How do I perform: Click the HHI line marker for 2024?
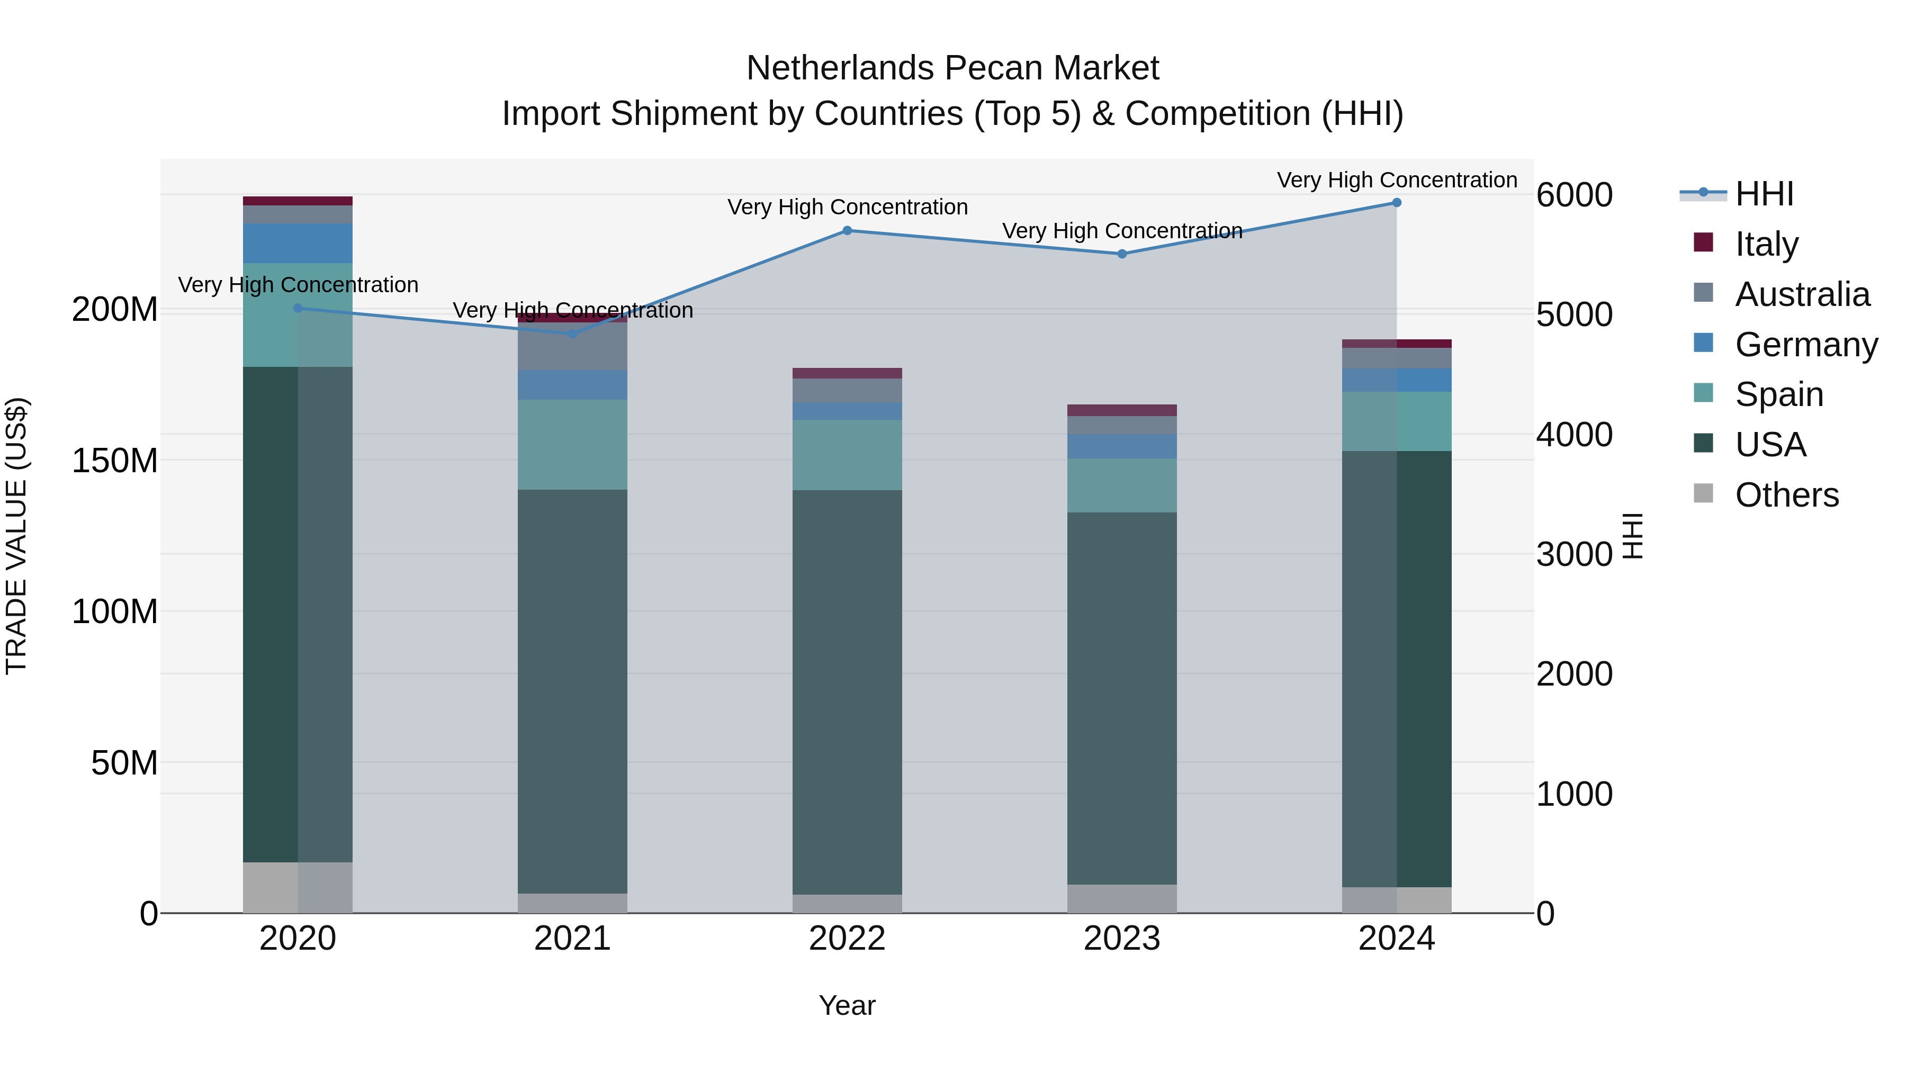coord(1396,203)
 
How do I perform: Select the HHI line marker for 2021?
coord(573,334)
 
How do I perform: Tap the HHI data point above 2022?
coord(847,231)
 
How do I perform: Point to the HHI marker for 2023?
coord(1122,254)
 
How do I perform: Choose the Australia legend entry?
coord(1802,294)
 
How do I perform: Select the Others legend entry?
coord(1786,495)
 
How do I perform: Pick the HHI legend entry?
coord(1764,194)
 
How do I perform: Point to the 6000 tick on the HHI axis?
coord(1574,195)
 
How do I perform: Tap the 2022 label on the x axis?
coord(847,939)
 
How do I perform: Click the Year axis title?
coord(847,1005)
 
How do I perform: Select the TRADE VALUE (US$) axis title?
coord(16,536)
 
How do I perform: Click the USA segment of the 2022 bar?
coord(847,692)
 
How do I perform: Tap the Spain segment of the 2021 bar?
coord(573,445)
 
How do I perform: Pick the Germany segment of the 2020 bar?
coord(298,244)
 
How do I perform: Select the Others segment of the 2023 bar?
coord(1122,898)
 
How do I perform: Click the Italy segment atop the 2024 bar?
coord(1396,343)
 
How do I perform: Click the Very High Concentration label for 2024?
coord(1396,180)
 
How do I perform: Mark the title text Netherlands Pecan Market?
coord(952,68)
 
